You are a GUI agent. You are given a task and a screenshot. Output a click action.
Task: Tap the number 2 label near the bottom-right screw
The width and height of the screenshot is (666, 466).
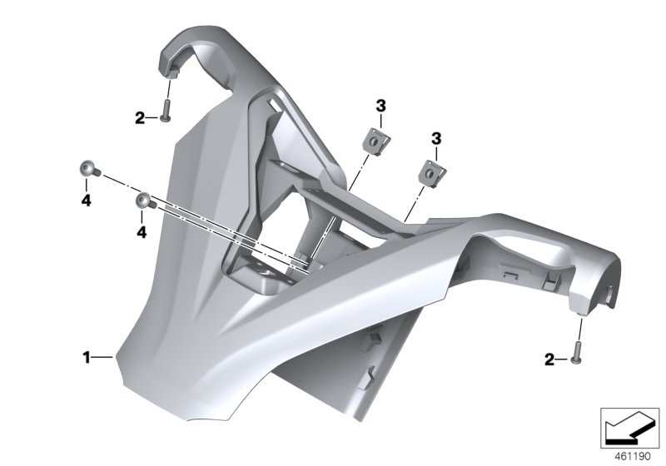(549, 359)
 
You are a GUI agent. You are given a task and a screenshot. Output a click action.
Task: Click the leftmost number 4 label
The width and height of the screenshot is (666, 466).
(87, 200)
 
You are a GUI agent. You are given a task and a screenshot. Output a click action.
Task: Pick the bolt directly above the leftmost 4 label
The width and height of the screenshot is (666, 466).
(88, 170)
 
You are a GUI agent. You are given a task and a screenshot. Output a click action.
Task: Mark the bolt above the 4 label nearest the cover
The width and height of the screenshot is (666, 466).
(144, 201)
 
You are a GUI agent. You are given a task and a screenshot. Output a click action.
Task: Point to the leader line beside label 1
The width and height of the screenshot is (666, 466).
(102, 357)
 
